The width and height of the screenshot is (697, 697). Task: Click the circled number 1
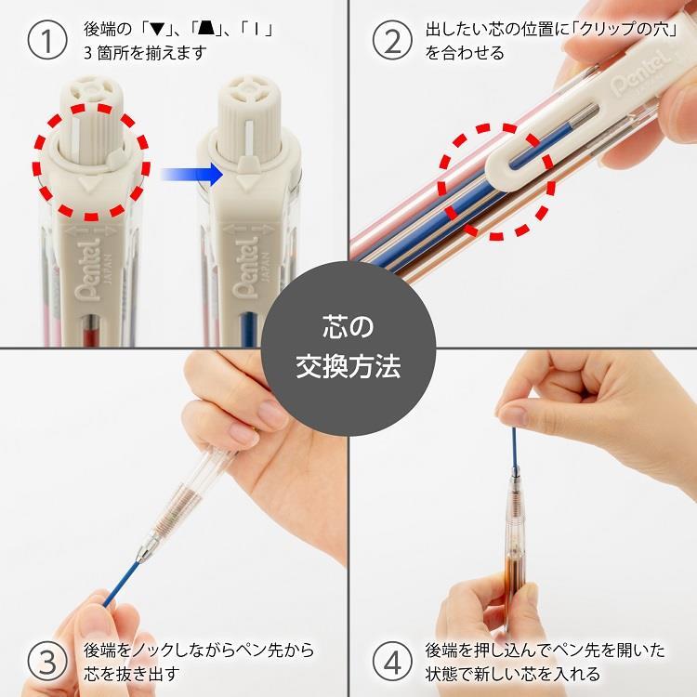[x=45, y=39]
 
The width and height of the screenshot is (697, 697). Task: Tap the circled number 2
[x=392, y=39]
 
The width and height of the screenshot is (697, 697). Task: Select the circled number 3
[x=45, y=660]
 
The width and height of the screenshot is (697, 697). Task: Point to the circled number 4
[x=392, y=660]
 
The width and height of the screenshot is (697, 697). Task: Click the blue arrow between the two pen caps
[x=191, y=173]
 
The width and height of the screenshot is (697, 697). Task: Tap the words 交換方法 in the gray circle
[x=348, y=365]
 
